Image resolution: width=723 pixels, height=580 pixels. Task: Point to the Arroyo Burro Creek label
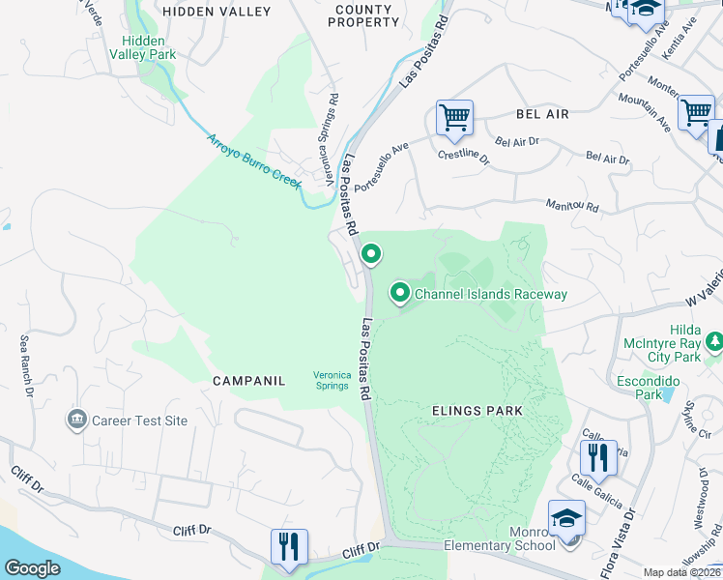pyautogui.click(x=254, y=161)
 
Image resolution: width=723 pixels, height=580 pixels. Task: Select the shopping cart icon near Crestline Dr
pyautogui.click(x=454, y=118)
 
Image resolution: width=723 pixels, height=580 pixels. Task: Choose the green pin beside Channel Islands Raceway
pyautogui.click(x=400, y=292)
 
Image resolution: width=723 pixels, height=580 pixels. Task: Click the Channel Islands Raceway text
pyautogui.click(x=491, y=294)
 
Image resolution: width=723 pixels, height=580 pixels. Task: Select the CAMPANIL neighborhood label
pyautogui.click(x=249, y=381)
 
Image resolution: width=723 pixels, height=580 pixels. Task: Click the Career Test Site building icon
pyautogui.click(x=75, y=420)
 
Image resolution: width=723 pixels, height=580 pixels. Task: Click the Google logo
pyautogui.click(x=32, y=568)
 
